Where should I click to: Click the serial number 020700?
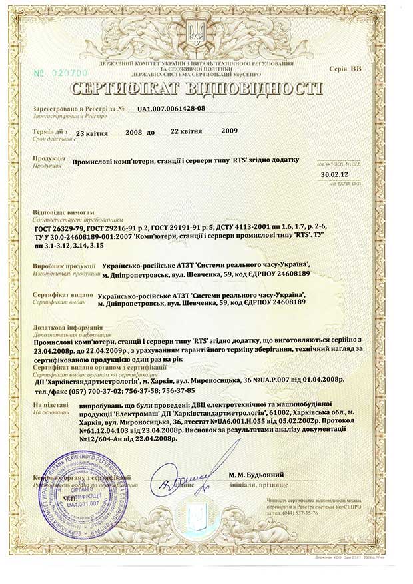(x=61, y=71)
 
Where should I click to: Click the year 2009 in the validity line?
(x=229, y=132)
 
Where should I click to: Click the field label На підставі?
(x=46, y=404)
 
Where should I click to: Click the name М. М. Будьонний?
(x=256, y=474)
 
